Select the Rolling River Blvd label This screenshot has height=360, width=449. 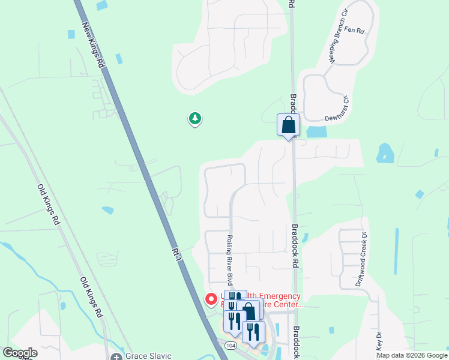coord(229,260)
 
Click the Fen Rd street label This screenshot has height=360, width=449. coord(354,29)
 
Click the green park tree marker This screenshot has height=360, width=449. coord(194,119)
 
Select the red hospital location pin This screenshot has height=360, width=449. coord(211,299)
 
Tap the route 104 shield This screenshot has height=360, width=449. coord(231,346)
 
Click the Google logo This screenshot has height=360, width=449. coord(20,353)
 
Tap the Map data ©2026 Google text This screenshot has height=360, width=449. coord(412,356)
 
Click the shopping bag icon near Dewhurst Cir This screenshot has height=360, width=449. coord(288,125)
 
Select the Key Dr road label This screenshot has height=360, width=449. coord(379,343)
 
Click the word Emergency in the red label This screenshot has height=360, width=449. coord(276,296)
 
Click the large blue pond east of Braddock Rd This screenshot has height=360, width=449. coord(384,154)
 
